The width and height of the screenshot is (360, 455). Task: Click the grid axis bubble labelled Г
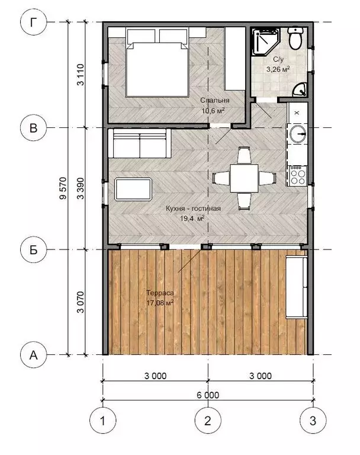(x=34, y=23)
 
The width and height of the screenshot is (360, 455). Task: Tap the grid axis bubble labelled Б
(x=34, y=249)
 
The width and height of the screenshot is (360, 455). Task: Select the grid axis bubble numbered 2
(x=208, y=421)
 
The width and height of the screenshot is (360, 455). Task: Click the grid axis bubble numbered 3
(x=313, y=421)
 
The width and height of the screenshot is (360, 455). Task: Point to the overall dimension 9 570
(x=63, y=188)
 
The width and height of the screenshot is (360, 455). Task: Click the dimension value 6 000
(x=208, y=395)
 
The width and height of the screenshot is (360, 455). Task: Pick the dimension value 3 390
(x=81, y=188)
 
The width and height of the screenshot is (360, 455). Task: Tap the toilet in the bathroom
(x=295, y=38)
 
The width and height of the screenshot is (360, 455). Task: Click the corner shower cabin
(x=265, y=41)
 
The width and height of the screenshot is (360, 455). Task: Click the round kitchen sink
(x=298, y=133)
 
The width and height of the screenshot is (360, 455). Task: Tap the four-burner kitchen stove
(x=298, y=175)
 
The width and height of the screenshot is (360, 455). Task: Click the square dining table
(x=245, y=178)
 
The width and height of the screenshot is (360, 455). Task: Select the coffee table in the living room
(x=133, y=189)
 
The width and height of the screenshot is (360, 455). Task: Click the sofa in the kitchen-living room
(x=139, y=143)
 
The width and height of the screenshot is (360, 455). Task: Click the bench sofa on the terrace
(x=297, y=287)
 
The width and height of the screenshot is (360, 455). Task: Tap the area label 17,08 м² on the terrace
(x=160, y=303)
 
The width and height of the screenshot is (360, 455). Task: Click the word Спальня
(x=215, y=100)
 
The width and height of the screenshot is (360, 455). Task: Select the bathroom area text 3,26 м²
(x=278, y=69)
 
